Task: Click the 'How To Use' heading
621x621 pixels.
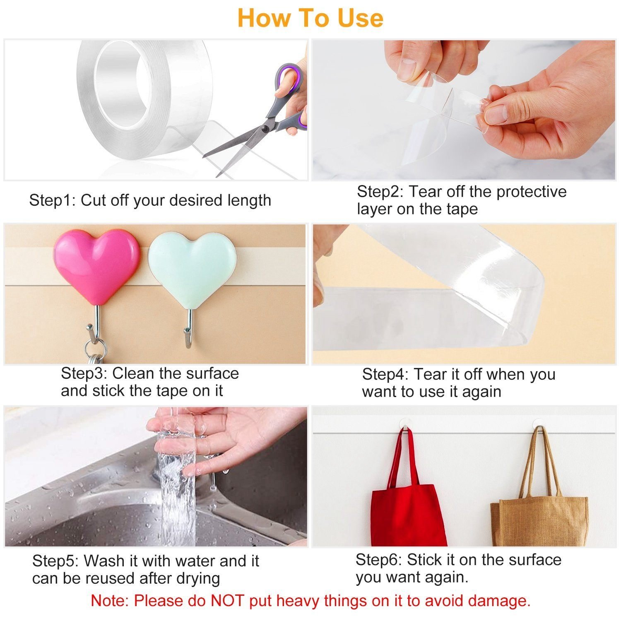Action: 310,18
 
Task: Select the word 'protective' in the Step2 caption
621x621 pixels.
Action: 531,192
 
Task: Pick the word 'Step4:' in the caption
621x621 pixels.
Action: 385,375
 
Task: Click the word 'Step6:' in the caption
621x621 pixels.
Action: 379,560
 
